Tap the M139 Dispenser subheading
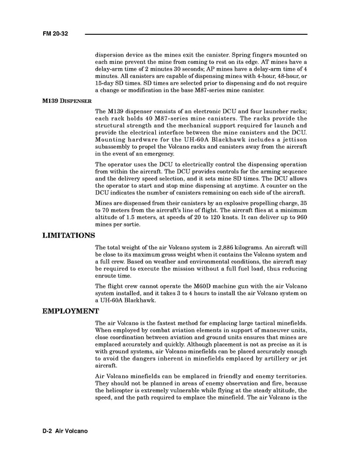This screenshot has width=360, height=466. [x=67, y=101]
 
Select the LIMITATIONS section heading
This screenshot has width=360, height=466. [x=68, y=235]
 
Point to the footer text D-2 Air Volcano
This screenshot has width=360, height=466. [x=65, y=431]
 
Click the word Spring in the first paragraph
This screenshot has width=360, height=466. [x=242, y=55]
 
